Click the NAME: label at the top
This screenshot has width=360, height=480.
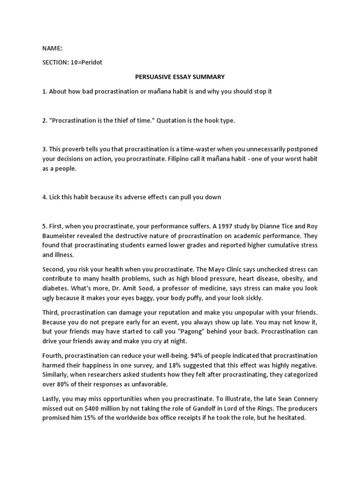coord(52,48)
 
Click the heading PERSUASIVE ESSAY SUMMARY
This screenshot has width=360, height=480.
coord(180,77)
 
